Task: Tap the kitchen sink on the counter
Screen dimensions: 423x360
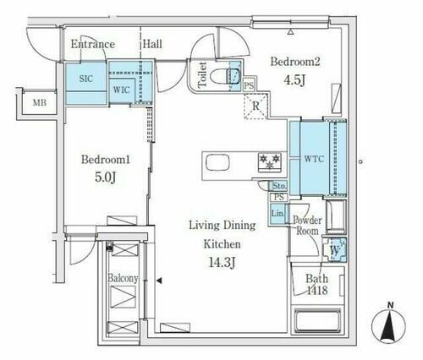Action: click(217, 163)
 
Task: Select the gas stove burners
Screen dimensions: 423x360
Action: click(270, 161)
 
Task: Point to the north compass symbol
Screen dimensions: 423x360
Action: click(388, 323)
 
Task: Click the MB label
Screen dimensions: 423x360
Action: click(40, 103)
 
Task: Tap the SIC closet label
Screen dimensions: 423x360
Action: click(86, 79)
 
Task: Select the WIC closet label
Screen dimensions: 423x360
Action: click(122, 90)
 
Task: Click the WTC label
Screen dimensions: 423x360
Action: click(314, 159)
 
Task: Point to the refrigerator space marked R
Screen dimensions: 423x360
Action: click(255, 106)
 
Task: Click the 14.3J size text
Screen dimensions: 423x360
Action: click(222, 263)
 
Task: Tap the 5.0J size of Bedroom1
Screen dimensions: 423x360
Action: click(105, 177)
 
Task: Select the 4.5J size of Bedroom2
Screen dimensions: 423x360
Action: click(294, 80)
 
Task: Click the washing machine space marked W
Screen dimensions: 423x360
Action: click(335, 250)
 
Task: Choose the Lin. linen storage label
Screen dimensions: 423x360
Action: click(277, 213)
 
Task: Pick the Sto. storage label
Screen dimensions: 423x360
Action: click(279, 186)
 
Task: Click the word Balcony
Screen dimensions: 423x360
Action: click(124, 278)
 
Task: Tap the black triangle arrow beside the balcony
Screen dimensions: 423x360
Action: click(159, 281)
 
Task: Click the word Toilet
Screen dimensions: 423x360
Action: click(202, 74)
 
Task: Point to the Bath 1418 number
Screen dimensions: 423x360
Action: click(317, 291)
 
